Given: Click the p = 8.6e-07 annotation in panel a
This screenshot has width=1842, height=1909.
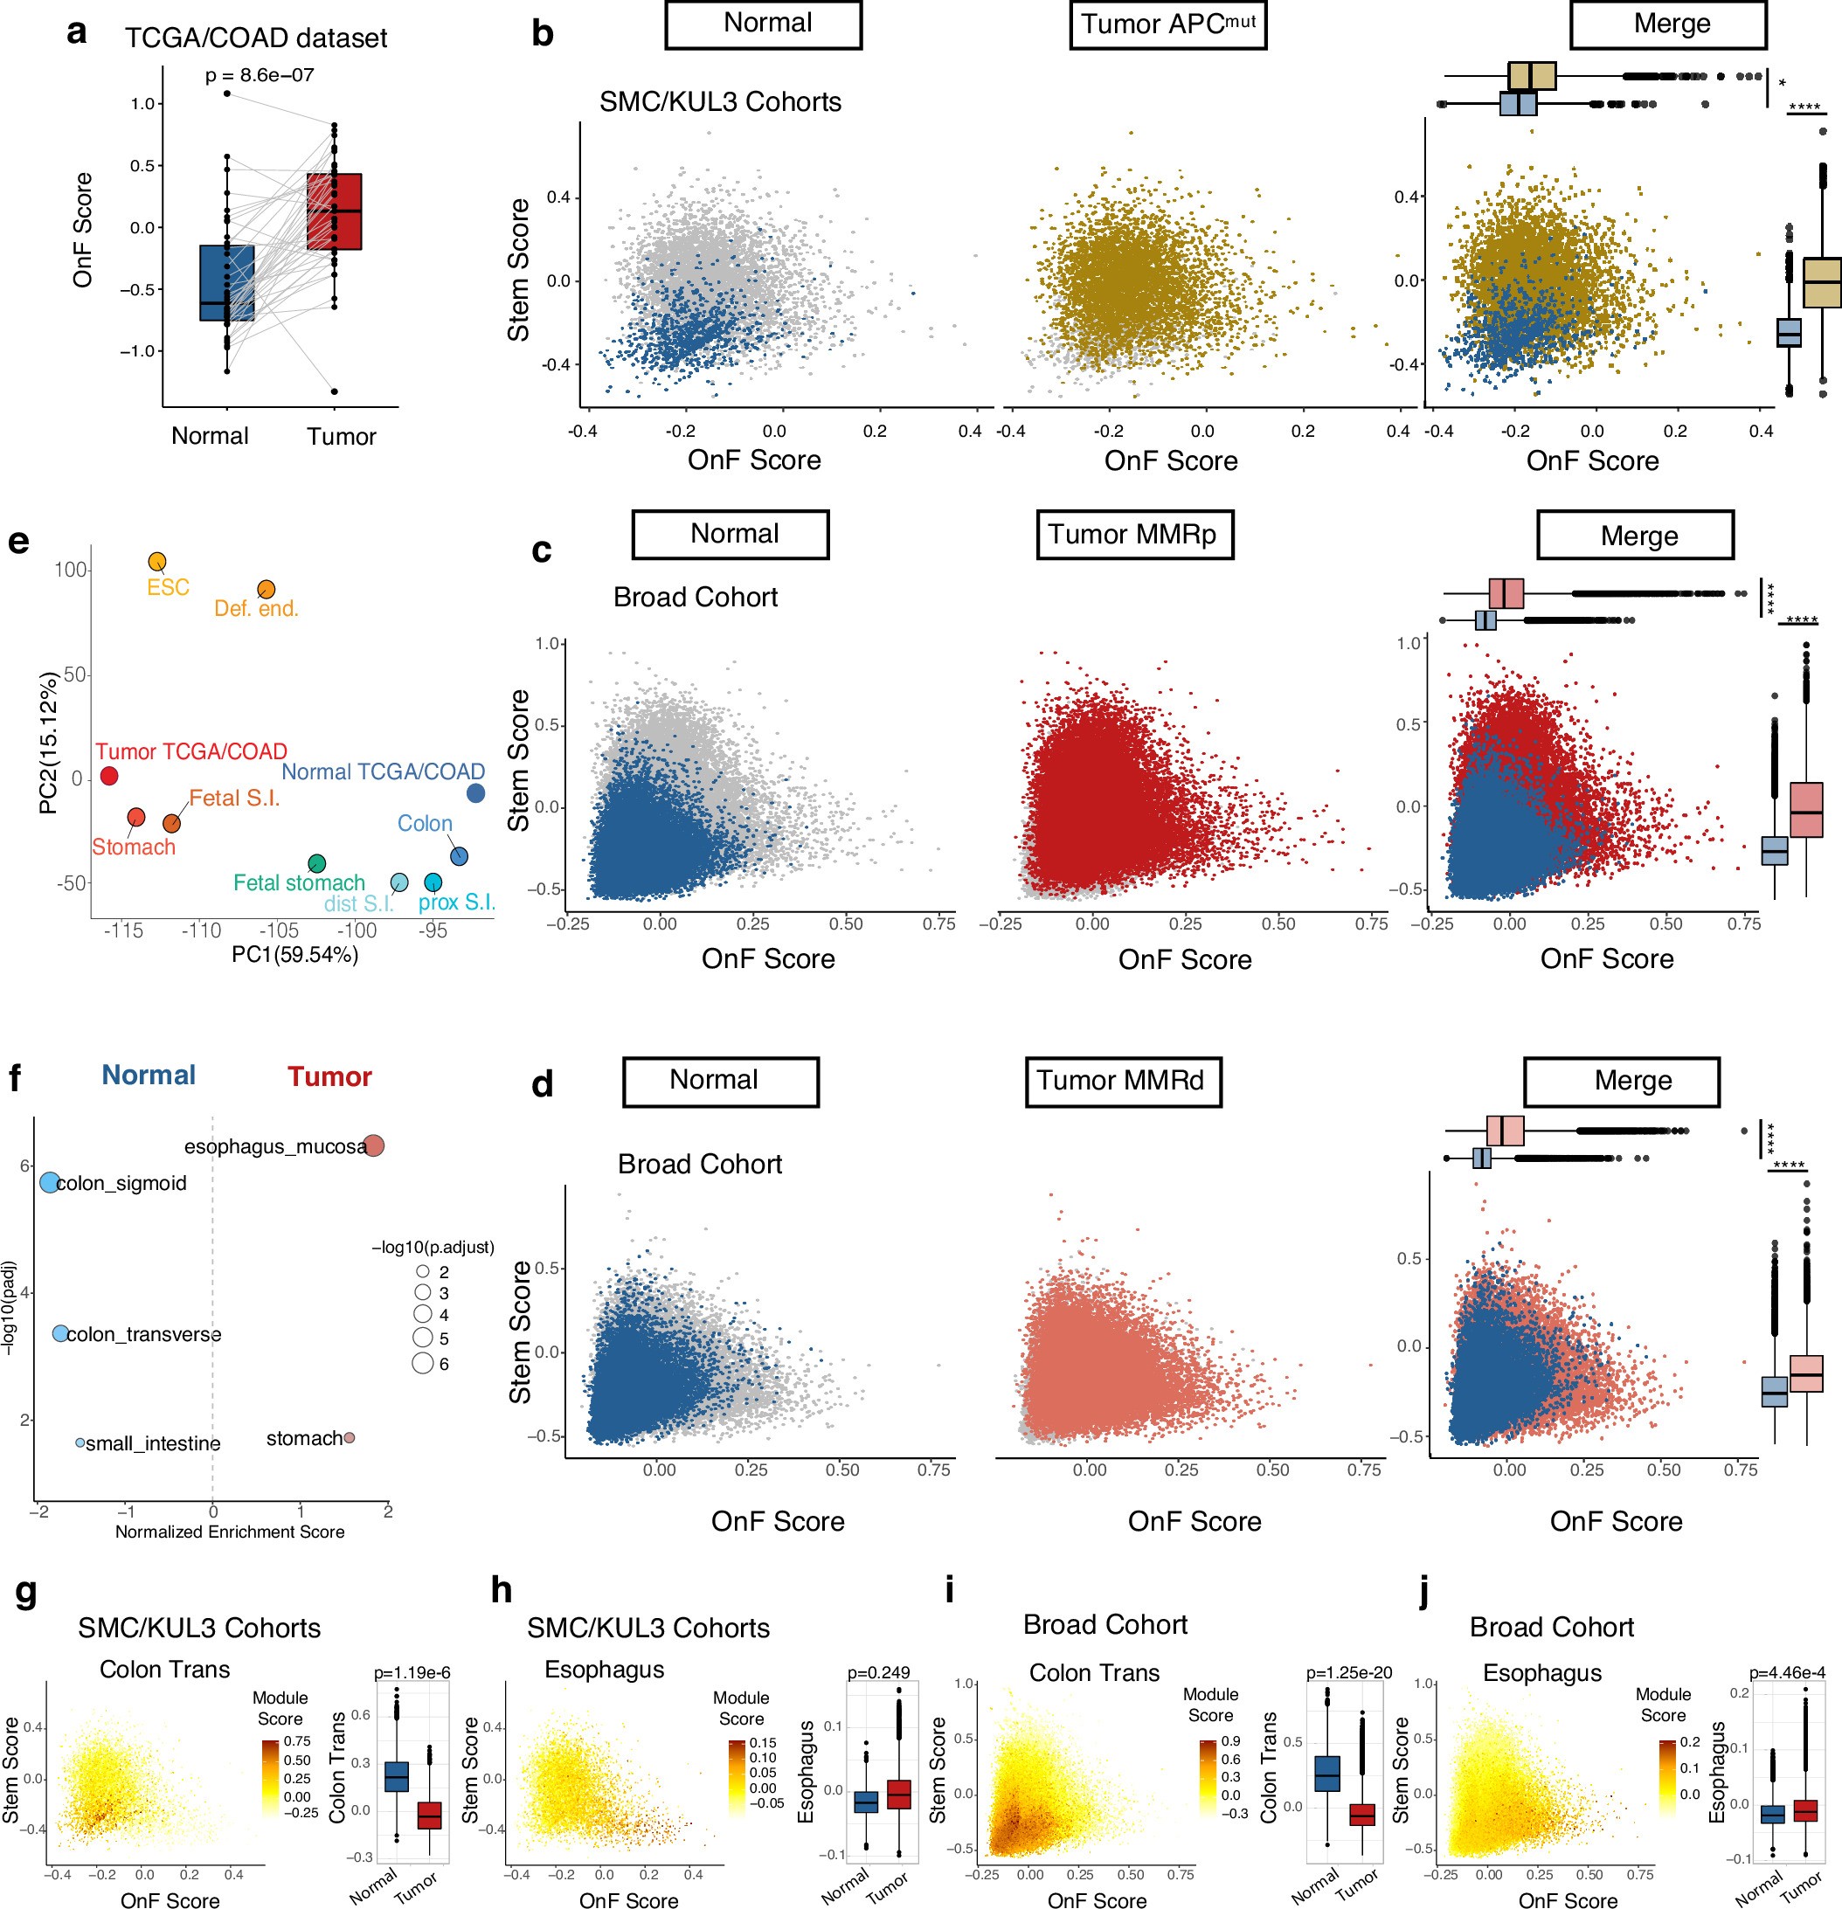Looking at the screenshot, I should tap(260, 75).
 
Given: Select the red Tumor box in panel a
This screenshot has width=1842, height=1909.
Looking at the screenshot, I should tap(334, 211).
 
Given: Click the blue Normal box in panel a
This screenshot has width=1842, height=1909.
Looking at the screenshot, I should tap(227, 282).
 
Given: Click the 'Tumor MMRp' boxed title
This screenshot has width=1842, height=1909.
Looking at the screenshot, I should tap(1134, 534).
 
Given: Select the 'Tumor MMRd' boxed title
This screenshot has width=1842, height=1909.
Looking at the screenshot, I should tap(1122, 1080).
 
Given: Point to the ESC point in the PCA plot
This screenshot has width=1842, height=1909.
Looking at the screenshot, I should tap(156, 562).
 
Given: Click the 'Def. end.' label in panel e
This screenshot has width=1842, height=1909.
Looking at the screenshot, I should tap(256, 609).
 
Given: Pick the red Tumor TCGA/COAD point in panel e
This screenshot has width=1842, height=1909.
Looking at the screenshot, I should tap(109, 776).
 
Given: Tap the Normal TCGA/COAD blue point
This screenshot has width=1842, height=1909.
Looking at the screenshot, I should tap(475, 792).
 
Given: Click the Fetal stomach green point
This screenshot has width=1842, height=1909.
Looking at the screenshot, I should tap(316, 863).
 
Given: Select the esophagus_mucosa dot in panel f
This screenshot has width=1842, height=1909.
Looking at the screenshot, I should tap(373, 1145).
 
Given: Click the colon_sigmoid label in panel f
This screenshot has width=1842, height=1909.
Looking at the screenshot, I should tap(121, 1183).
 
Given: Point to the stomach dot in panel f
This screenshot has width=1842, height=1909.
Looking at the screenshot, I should tap(349, 1437).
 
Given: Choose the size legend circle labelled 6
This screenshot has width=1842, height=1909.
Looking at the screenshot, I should tap(423, 1363).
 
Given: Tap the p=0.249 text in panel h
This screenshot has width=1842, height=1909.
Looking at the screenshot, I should tap(877, 1672).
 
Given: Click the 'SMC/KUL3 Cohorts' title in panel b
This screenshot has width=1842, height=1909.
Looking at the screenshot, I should tap(720, 101).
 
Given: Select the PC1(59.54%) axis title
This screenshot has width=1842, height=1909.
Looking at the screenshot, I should tap(295, 954).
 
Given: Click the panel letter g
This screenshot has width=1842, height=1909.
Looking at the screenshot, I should tap(26, 1592).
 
